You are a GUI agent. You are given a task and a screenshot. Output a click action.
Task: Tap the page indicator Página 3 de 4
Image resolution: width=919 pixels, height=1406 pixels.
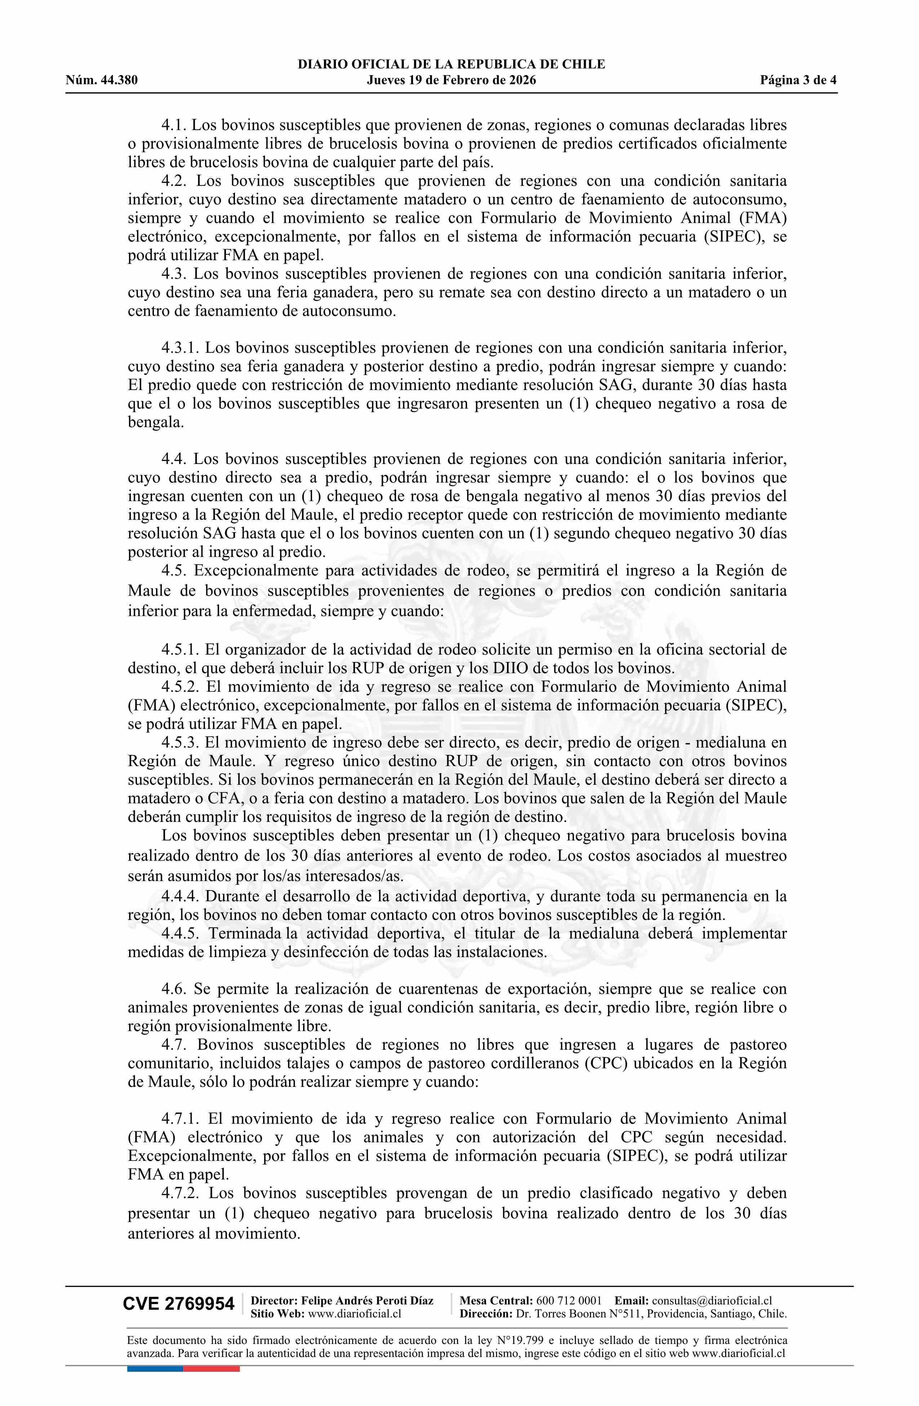pos(799,80)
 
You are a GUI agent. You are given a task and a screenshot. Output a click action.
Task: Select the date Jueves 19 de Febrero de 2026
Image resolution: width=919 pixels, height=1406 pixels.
pos(451,80)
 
